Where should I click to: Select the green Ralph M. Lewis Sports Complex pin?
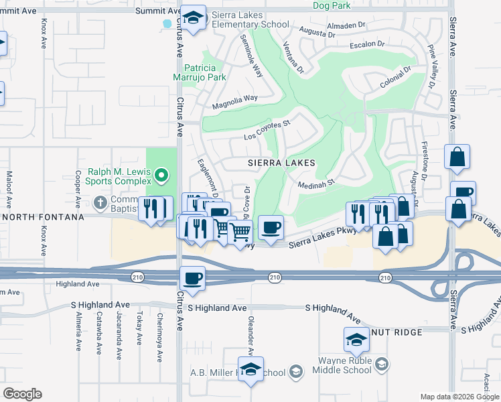coord(161,177)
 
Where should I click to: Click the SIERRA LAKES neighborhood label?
coord(281,163)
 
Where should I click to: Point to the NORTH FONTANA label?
coord(42,217)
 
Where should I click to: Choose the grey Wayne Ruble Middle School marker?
coord(382,364)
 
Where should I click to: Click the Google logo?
coord(23,394)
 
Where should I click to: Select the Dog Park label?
coord(332,5)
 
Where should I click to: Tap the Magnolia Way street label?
coord(235,102)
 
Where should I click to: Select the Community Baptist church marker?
coord(100,202)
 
